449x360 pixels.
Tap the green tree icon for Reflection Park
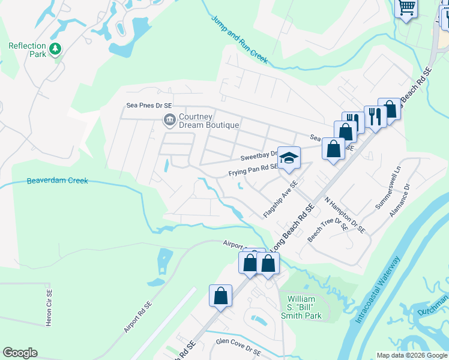click(55, 48)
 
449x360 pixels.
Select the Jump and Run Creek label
click(239, 40)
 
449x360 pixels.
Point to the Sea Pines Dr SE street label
click(149, 104)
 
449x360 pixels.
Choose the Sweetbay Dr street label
click(258, 156)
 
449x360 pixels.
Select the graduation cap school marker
click(289, 157)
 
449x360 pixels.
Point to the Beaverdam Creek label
click(58, 181)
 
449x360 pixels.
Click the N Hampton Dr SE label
click(345, 214)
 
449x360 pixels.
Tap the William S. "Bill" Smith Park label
click(304, 307)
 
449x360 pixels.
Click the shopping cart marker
click(407, 8)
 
